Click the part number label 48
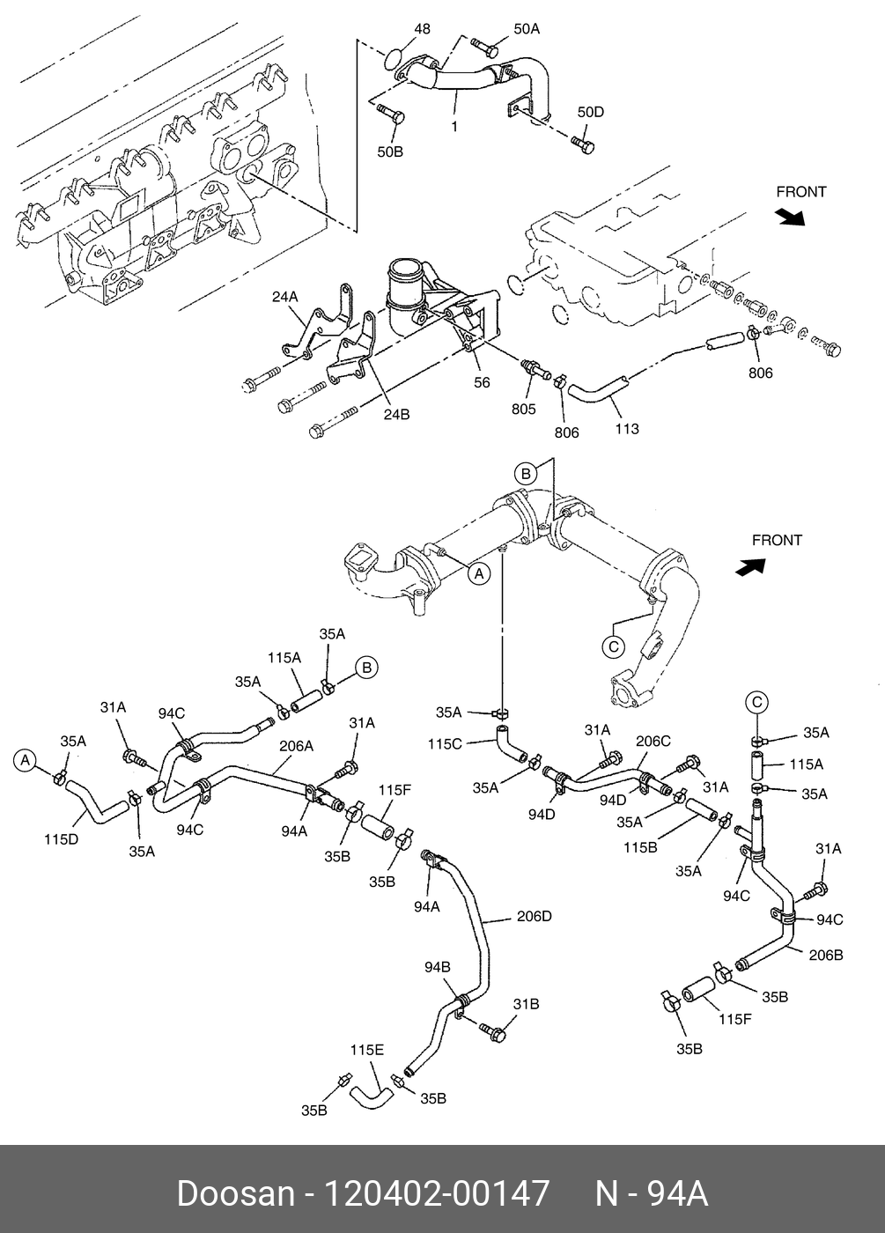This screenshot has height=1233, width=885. [x=422, y=29]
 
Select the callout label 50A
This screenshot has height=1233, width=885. [x=526, y=29]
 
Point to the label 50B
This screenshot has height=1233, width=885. [x=390, y=151]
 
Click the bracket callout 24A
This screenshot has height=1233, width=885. [x=284, y=298]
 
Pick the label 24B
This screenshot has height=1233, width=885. [x=396, y=414]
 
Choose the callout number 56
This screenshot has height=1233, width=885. [x=482, y=382]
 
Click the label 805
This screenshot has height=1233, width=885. [x=523, y=409]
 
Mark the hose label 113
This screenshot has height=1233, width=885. [x=627, y=429]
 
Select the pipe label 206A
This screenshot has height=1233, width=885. [x=296, y=745]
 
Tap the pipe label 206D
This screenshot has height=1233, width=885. [x=534, y=916]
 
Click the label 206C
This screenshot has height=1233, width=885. [x=653, y=742]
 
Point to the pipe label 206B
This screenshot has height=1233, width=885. [x=825, y=955]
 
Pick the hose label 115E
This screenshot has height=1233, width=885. [x=366, y=1050]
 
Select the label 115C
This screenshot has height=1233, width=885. [x=445, y=743]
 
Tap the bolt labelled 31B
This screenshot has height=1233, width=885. [x=494, y=1030]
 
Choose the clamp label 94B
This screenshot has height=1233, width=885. [x=438, y=967]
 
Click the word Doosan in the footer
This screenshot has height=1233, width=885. [x=235, y=1193]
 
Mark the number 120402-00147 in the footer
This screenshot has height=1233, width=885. [x=438, y=1193]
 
